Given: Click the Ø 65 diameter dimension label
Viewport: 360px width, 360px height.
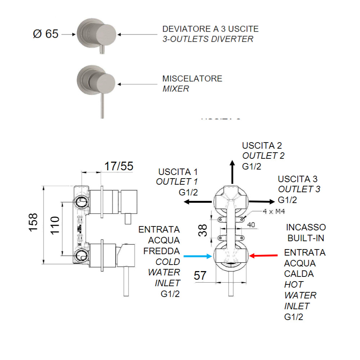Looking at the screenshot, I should click(x=45, y=34).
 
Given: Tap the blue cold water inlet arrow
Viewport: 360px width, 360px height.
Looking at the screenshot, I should click(x=198, y=256).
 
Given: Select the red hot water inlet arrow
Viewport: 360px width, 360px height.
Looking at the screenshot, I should click(x=264, y=256).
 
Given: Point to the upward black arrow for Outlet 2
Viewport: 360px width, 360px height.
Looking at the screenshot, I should click(x=233, y=173).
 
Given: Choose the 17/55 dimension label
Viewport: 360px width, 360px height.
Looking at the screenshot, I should click(x=119, y=166).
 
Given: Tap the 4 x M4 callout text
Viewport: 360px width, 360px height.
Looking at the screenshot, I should click(x=275, y=212).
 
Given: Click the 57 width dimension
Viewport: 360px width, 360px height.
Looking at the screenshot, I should click(x=200, y=276).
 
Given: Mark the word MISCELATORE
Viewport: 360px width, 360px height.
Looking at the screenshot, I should click(x=192, y=78).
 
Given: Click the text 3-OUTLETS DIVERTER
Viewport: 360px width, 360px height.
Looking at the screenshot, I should click(x=208, y=39).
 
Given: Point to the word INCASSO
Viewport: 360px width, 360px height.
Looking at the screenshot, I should click(x=306, y=228).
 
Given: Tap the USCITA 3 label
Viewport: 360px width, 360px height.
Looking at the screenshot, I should click(x=298, y=179).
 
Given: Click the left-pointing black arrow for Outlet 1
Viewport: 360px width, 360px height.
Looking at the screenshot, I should click(x=197, y=202).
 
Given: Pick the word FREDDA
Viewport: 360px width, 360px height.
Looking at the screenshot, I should click(x=161, y=251).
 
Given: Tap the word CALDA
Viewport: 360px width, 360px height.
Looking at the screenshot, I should click(x=299, y=274).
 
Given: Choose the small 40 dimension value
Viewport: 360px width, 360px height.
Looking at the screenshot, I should click(x=251, y=224).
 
